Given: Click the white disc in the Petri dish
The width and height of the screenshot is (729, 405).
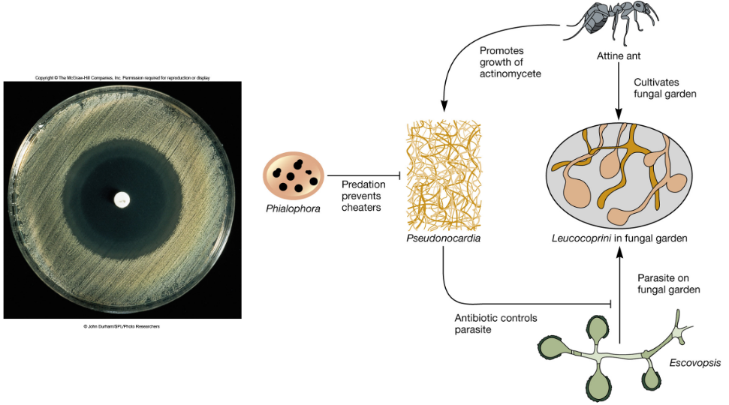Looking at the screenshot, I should click(121, 199).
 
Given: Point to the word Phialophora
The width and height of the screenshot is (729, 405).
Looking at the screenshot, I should click(293, 208).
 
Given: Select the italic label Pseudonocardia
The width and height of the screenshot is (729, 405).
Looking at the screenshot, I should click(443, 238).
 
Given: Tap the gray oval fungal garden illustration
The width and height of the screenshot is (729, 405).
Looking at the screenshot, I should click(619, 175).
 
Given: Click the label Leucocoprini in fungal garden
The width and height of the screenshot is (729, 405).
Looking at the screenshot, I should click(619, 238).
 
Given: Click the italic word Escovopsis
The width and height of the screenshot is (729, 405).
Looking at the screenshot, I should click(695, 363).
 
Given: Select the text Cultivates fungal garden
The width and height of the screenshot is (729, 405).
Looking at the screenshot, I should click(665, 88).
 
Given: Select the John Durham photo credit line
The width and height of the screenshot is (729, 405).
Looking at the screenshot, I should click(122, 326).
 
